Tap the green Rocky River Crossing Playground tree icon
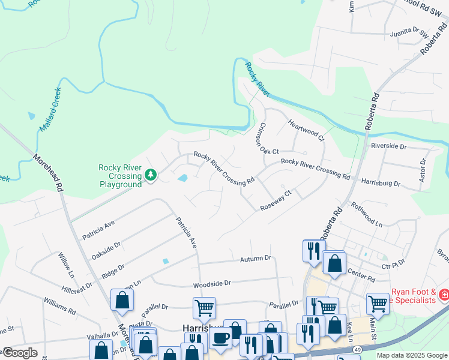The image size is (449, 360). click(x=151, y=175)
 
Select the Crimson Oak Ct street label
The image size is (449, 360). click(x=267, y=139)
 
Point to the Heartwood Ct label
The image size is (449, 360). click(x=306, y=129)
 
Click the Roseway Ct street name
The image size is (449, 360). click(x=276, y=200)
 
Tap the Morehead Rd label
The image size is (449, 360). click(x=48, y=172)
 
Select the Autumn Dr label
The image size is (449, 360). click(x=256, y=257)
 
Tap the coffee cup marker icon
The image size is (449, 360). click(x=220, y=338)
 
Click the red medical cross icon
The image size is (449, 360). click(x=444, y=295)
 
